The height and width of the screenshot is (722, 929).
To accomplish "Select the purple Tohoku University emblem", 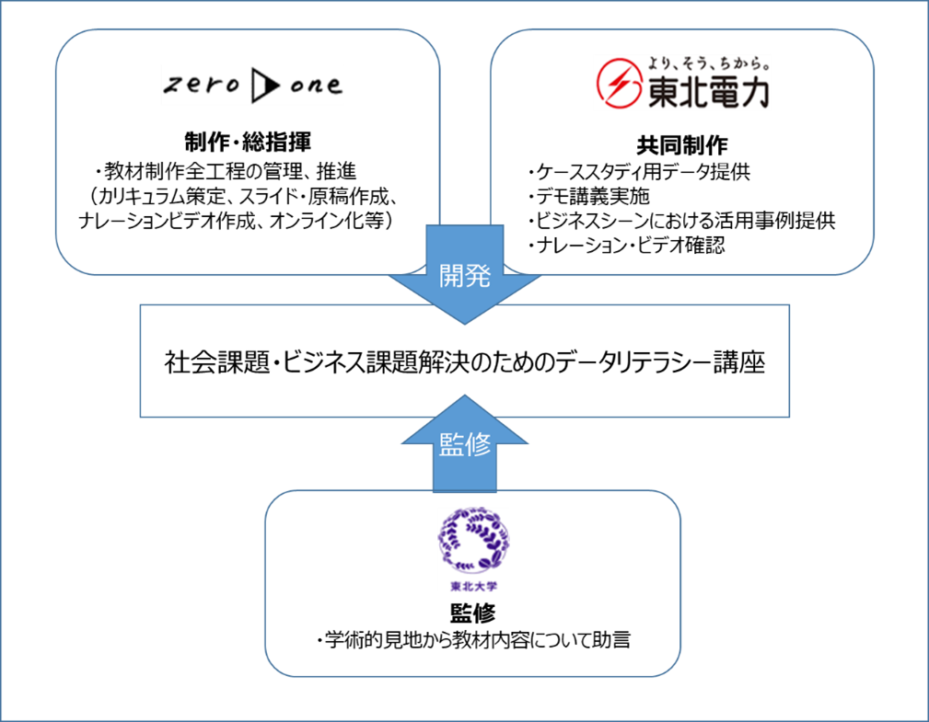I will click(x=474, y=544).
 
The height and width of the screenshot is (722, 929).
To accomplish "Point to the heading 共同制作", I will click(x=682, y=144).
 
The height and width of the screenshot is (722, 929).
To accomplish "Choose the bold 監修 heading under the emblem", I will click(x=473, y=613).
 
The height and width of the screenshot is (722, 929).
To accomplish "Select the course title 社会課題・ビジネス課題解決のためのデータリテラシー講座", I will click(x=465, y=362).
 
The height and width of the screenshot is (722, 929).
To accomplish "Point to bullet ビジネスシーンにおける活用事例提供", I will click(x=681, y=221).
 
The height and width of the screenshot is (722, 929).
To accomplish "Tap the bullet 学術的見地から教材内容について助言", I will click(x=472, y=640).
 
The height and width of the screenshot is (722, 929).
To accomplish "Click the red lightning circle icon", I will click(x=619, y=85).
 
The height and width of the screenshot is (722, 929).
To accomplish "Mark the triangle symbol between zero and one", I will click(x=264, y=86).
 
